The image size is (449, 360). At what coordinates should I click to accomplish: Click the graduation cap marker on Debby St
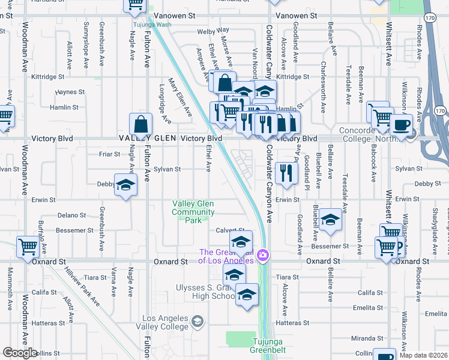125,185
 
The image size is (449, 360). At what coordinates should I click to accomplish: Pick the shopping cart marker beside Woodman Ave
28,246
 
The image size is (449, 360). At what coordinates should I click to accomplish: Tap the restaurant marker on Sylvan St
286,172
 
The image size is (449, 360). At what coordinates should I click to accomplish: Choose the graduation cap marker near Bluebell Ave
330,219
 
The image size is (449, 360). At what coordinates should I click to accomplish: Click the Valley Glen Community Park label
193,212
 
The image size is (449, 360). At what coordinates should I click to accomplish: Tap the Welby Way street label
214,31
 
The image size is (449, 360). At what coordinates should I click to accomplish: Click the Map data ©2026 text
423,355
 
